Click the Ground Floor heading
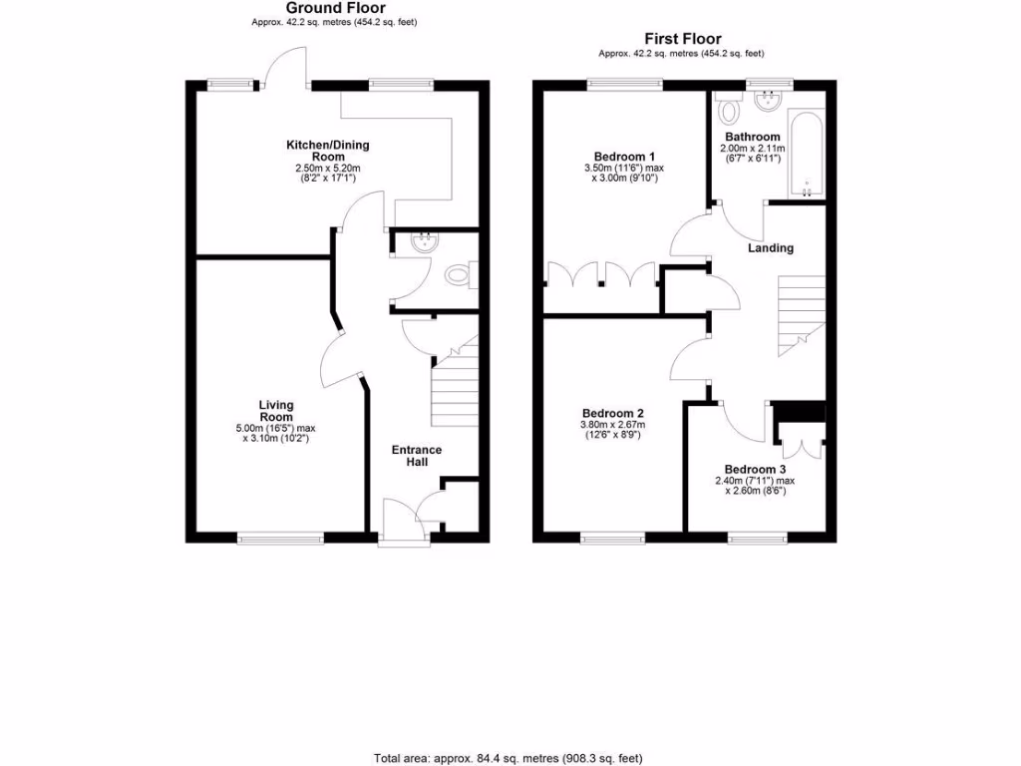321,8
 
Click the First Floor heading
682,39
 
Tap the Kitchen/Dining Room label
328,151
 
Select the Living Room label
276,411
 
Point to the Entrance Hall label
416,456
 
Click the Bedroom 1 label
624,157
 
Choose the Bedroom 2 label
612,413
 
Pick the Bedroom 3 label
755,470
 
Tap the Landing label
771,247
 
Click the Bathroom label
753,137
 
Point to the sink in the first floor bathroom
770,100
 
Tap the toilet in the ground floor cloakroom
460,274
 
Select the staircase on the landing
801,311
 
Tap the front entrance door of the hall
404,540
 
